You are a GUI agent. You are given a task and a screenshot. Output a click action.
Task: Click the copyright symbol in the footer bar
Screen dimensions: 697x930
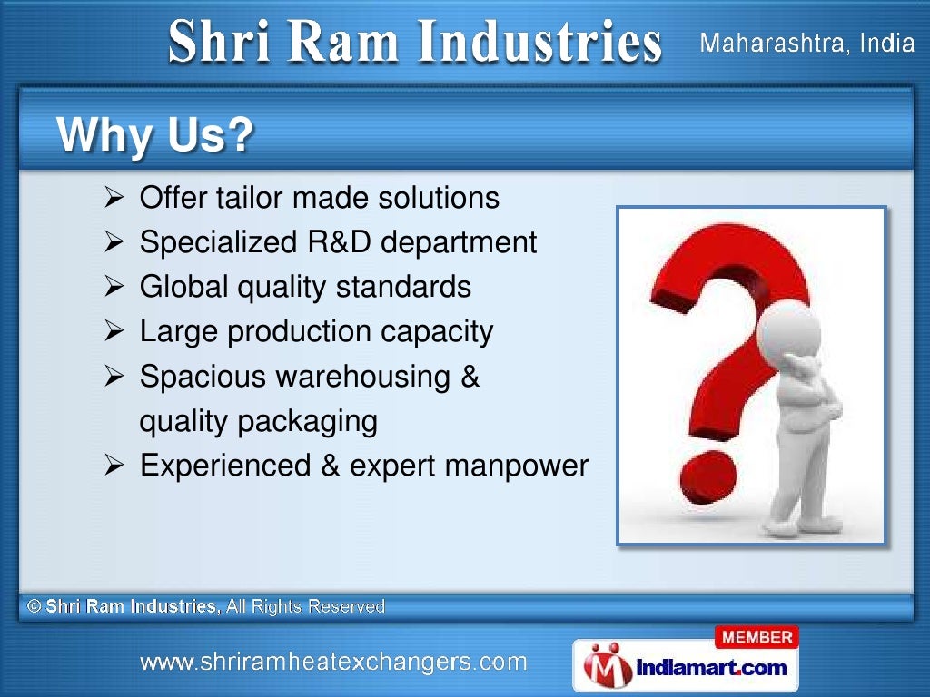(35, 606)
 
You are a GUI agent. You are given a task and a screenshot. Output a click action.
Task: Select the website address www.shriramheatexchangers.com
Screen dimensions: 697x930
(333, 662)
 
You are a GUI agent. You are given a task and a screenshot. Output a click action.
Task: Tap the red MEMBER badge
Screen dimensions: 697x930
(758, 638)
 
